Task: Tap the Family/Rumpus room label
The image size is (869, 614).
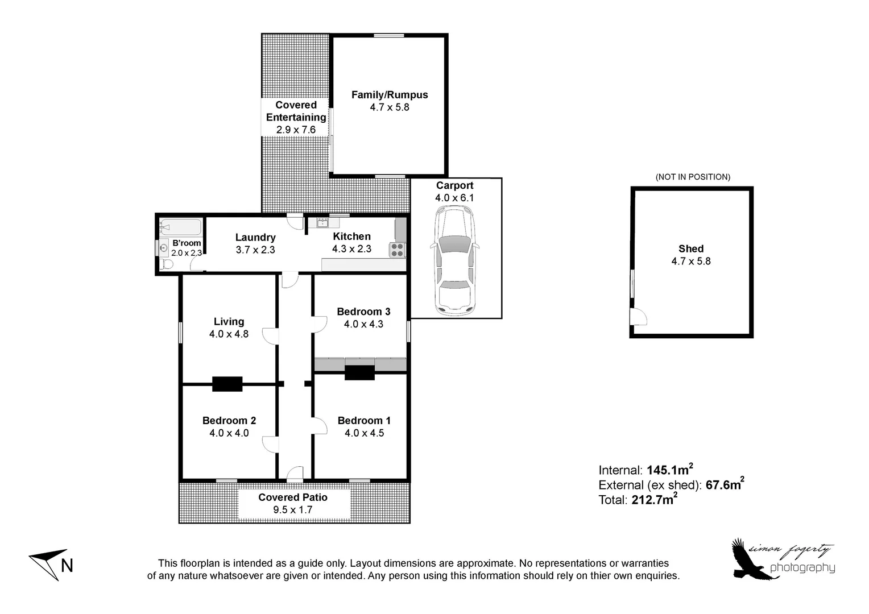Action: click(390, 95)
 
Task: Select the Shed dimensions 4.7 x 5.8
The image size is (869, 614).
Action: click(691, 262)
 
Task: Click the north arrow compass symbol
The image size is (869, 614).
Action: click(51, 565)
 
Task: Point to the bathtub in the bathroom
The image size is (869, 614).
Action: click(180, 228)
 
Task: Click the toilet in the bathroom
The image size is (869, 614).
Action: click(167, 264)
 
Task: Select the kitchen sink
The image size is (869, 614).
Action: click(323, 222)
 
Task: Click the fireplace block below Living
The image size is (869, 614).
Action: click(227, 384)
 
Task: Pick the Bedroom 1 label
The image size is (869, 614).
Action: click(364, 421)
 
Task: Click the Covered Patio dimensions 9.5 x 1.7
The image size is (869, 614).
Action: click(293, 510)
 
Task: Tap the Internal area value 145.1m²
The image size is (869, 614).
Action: click(669, 470)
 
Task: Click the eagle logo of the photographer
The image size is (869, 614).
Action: click(751, 560)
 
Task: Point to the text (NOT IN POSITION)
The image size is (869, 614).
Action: click(693, 177)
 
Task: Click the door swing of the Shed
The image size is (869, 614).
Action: click(638, 317)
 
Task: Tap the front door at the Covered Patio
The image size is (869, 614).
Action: click(295, 473)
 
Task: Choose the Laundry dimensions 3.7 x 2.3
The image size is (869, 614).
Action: click(255, 250)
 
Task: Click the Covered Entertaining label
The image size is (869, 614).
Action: click(296, 111)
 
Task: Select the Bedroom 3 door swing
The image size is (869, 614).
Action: click(319, 323)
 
